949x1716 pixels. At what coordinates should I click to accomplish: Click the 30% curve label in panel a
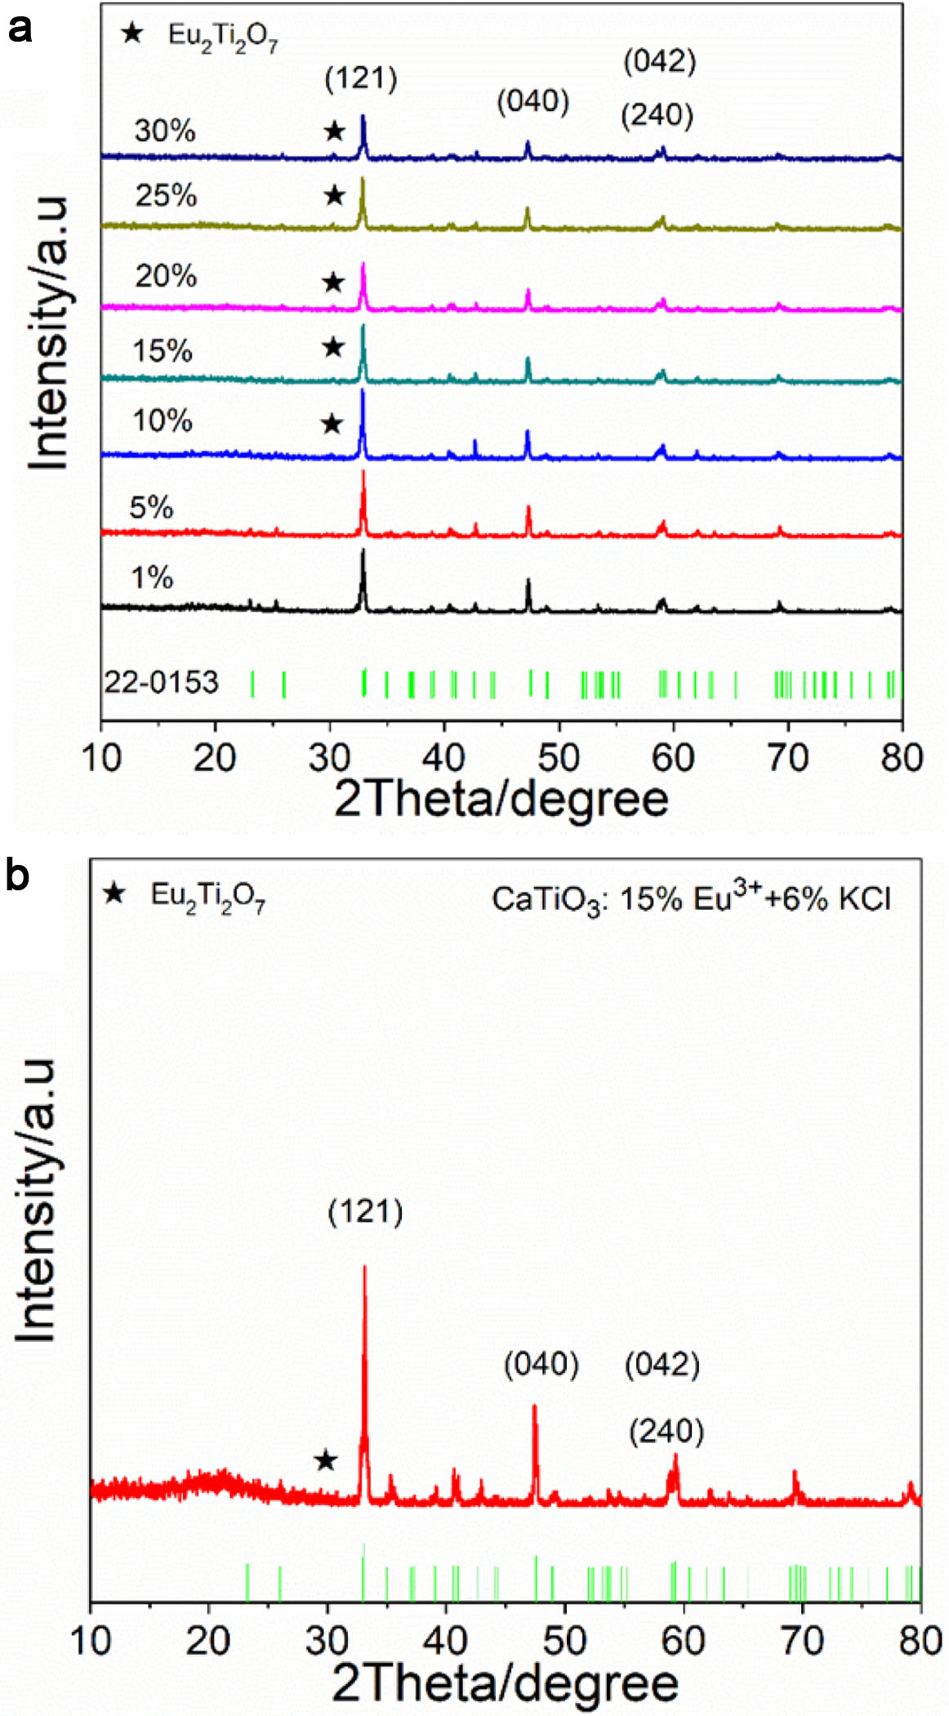[x=165, y=131]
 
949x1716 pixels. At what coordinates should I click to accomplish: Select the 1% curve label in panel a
[x=152, y=578]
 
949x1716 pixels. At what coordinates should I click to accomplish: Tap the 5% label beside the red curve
[x=151, y=508]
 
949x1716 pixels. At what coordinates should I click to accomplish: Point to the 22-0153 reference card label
[x=162, y=682]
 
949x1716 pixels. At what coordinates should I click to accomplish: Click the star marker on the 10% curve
[x=332, y=424]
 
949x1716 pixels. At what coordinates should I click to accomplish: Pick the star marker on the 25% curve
[x=334, y=196]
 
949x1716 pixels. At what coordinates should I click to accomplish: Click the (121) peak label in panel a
[x=361, y=79]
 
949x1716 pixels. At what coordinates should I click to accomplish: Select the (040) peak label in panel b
[x=541, y=1365]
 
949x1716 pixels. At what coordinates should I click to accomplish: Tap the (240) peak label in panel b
[x=666, y=1432]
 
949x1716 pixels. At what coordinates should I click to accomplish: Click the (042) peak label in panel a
[x=660, y=61]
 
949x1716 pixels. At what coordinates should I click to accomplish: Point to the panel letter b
[x=17, y=875]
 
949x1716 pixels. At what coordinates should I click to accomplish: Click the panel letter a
[x=19, y=29]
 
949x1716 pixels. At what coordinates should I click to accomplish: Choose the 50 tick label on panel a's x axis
[x=559, y=758]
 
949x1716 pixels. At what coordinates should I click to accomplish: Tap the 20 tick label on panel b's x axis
[x=208, y=1639]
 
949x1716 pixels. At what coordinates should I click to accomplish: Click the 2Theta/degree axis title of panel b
[x=505, y=1683]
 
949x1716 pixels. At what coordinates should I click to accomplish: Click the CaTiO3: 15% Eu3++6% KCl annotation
[x=691, y=898]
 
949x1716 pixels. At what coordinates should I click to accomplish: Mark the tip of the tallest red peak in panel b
[x=364, y=1267]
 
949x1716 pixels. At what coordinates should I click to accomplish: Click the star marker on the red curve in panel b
[x=326, y=1460]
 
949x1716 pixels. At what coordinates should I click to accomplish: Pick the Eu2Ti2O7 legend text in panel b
[x=208, y=896]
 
